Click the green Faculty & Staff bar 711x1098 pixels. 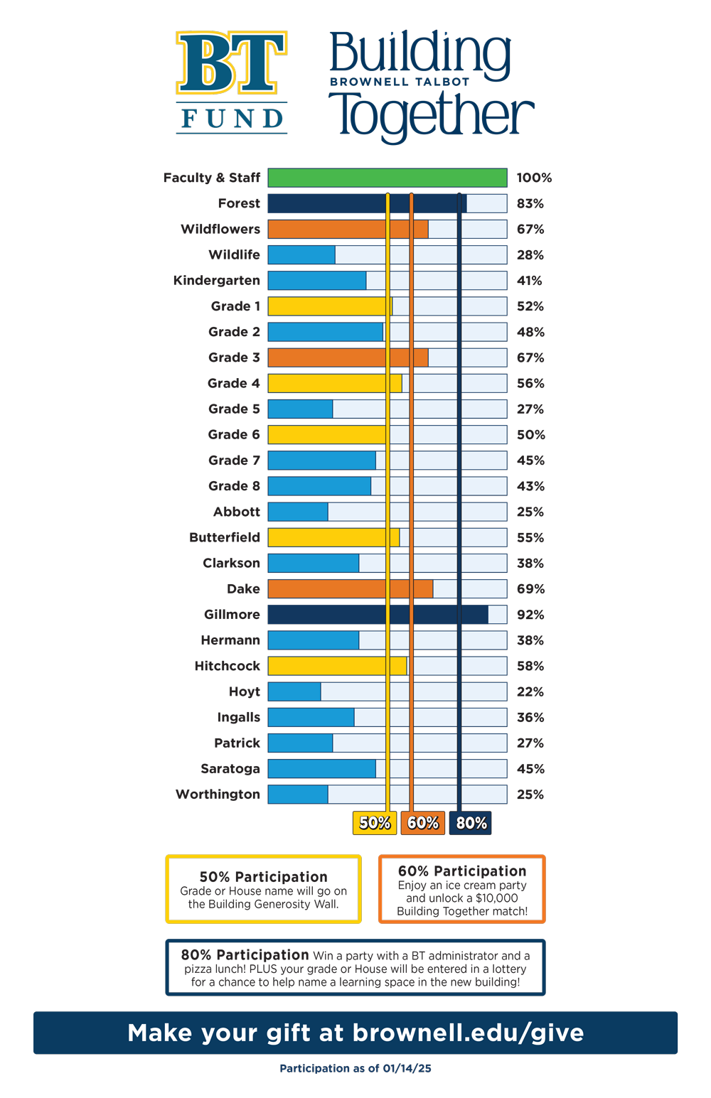(387, 178)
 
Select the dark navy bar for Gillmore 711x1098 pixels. (378, 614)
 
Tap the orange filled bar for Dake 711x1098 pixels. (350, 588)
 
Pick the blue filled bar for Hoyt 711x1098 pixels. (294, 691)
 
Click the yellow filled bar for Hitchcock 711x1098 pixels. (337, 666)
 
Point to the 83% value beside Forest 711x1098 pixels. (530, 203)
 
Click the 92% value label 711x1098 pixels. (530, 615)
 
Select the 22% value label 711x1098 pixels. (530, 691)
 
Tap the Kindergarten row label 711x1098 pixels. (217, 281)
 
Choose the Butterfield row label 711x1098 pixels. (225, 537)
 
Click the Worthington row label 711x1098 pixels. (218, 794)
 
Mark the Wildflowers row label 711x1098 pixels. (220, 229)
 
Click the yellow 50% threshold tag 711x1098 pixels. (375, 822)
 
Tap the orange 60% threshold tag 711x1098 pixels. (422, 822)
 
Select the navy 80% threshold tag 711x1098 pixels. (470, 822)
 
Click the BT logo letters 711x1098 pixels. (232, 63)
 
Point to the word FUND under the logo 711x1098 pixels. (232, 119)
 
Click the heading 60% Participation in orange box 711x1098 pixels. (462, 871)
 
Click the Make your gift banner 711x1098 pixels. (355, 1033)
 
